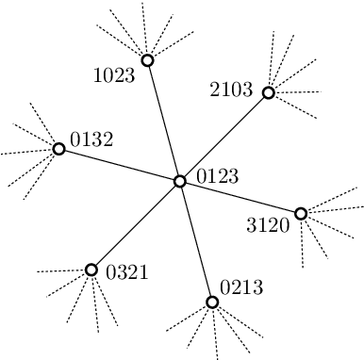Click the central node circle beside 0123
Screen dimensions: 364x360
(x=180, y=181)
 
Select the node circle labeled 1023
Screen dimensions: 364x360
(x=147, y=60)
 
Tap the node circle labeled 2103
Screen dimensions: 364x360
(x=268, y=92)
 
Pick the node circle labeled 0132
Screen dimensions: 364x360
(x=59, y=149)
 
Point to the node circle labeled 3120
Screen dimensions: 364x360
(x=301, y=213)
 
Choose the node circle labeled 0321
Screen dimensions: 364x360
(x=91, y=270)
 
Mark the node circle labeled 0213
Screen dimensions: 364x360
(x=212, y=302)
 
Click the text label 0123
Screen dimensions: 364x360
(x=217, y=175)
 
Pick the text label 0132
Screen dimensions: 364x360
(x=91, y=140)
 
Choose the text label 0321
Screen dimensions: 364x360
(x=127, y=273)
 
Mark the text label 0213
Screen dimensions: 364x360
(x=242, y=286)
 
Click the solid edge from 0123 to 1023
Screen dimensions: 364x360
(x=163, y=121)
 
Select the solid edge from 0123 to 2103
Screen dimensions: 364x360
(x=224, y=137)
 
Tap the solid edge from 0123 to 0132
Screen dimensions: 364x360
(x=120, y=165)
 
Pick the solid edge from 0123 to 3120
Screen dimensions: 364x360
(x=240, y=197)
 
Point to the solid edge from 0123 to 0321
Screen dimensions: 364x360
(x=136, y=225)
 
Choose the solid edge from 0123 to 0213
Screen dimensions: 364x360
(x=196, y=241)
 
